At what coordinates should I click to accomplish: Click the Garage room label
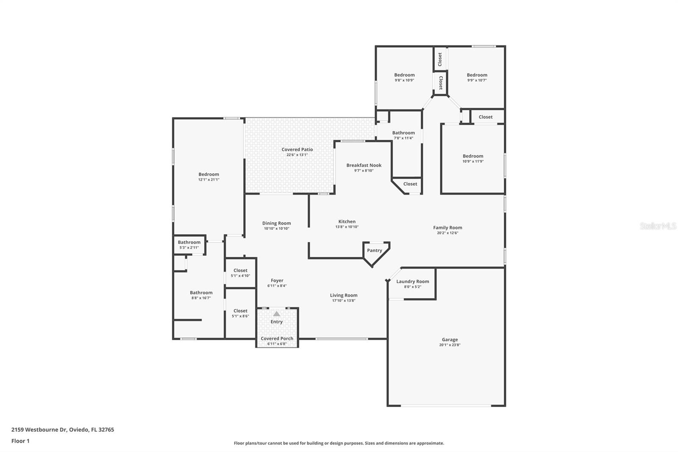pos(450,340)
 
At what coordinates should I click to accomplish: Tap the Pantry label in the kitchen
pos(375,251)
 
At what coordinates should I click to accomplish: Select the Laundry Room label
pos(413,282)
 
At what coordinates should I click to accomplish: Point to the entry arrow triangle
pos(277,314)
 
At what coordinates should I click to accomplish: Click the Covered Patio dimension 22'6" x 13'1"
pos(297,155)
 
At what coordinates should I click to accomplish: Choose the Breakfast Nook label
pos(364,165)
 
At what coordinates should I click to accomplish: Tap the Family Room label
pos(447,228)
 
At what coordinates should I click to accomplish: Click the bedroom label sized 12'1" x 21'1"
pos(209,174)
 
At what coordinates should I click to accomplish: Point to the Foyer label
pos(277,281)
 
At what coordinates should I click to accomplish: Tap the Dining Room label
pos(276,223)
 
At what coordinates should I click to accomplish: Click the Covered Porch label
pos(277,338)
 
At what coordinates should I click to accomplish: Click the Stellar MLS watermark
pos(658,226)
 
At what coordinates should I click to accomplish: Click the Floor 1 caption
pos(20,441)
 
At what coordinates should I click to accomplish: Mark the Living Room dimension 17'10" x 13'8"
pos(344,301)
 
